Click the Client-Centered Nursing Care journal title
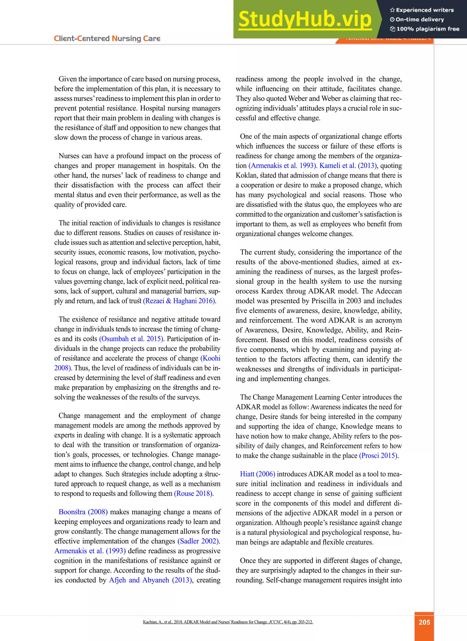click(x=107, y=39)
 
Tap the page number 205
click(x=424, y=622)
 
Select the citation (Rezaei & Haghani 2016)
click(x=179, y=301)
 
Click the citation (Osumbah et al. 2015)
click(x=131, y=339)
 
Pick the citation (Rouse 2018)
click(x=194, y=493)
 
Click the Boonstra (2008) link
click(x=83, y=512)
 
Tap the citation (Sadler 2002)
click(x=198, y=541)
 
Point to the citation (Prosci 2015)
click(x=379, y=456)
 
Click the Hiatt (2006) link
click(x=257, y=474)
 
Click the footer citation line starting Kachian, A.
click(x=228, y=622)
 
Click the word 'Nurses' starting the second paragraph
click(x=69, y=156)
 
